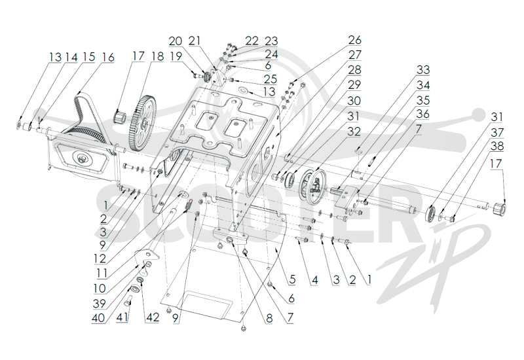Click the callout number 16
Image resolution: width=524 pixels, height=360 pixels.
point(108,57)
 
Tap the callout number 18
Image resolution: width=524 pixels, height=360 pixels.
point(157,56)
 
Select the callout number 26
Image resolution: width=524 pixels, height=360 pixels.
point(354,40)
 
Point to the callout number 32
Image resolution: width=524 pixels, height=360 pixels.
point(354,132)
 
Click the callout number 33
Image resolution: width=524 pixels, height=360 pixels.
point(422,70)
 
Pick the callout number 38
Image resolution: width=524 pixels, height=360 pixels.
point(497,146)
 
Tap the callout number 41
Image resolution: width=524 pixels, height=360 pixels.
point(122,317)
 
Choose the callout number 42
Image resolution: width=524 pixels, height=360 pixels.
point(153,317)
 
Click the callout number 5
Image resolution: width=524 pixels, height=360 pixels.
point(292,279)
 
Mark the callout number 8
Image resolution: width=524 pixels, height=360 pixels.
point(269,318)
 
